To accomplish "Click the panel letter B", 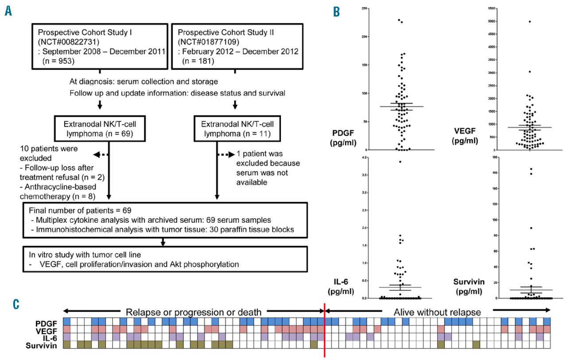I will coord(337,12).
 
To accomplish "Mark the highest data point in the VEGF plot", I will coord(530,22).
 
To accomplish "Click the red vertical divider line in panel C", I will coord(325,328).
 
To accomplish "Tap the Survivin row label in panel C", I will coord(44,345).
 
